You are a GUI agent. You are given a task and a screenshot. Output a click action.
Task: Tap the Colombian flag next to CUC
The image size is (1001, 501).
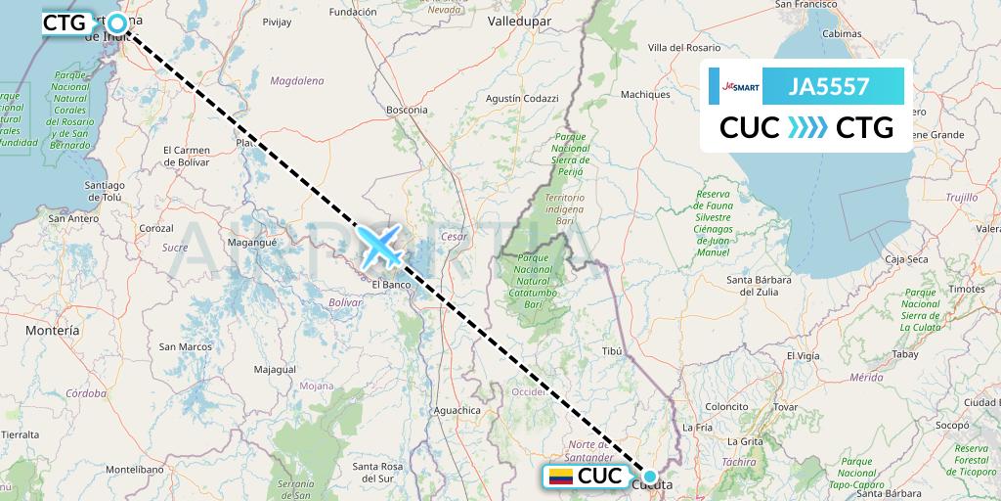(x=560, y=478)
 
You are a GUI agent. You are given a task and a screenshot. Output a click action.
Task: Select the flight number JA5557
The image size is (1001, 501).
(x=829, y=86)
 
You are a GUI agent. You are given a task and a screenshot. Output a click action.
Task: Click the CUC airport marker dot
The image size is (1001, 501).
(x=650, y=477)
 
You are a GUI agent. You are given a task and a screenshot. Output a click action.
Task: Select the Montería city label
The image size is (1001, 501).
(x=53, y=331)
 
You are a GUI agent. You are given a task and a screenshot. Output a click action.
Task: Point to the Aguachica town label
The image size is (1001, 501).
(x=456, y=410)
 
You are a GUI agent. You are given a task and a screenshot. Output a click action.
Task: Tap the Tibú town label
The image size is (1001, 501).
(x=612, y=349)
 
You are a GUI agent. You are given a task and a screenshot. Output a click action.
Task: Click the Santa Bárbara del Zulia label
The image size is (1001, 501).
(x=765, y=286)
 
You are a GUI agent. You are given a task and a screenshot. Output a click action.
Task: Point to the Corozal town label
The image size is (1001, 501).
(x=156, y=227)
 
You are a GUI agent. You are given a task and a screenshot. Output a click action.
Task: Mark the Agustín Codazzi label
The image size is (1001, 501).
(x=522, y=99)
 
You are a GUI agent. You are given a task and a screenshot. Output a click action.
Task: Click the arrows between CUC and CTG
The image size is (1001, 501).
(x=807, y=127)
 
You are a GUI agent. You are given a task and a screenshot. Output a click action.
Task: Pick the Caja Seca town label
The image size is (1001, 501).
(x=905, y=259)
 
